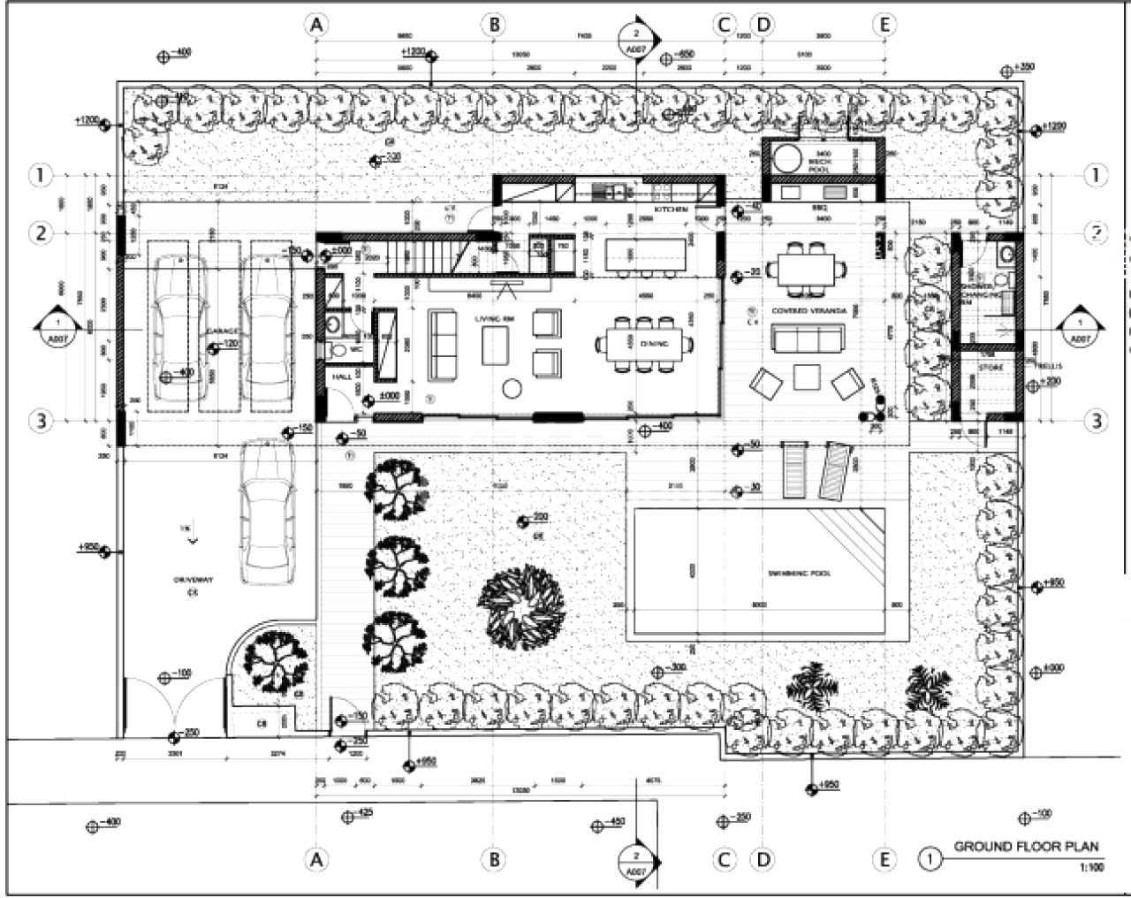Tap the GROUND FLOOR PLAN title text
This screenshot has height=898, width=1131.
(1026, 847)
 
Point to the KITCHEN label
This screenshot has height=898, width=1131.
(671, 209)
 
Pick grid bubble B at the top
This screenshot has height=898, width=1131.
(494, 25)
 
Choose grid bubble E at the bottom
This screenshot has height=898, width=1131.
(884, 858)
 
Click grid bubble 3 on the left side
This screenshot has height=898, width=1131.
(39, 421)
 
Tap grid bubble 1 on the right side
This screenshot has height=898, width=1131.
(1096, 175)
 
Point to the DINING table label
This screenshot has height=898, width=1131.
(654, 343)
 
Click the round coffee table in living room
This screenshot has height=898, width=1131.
(511, 388)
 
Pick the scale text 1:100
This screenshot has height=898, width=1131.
(1091, 868)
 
